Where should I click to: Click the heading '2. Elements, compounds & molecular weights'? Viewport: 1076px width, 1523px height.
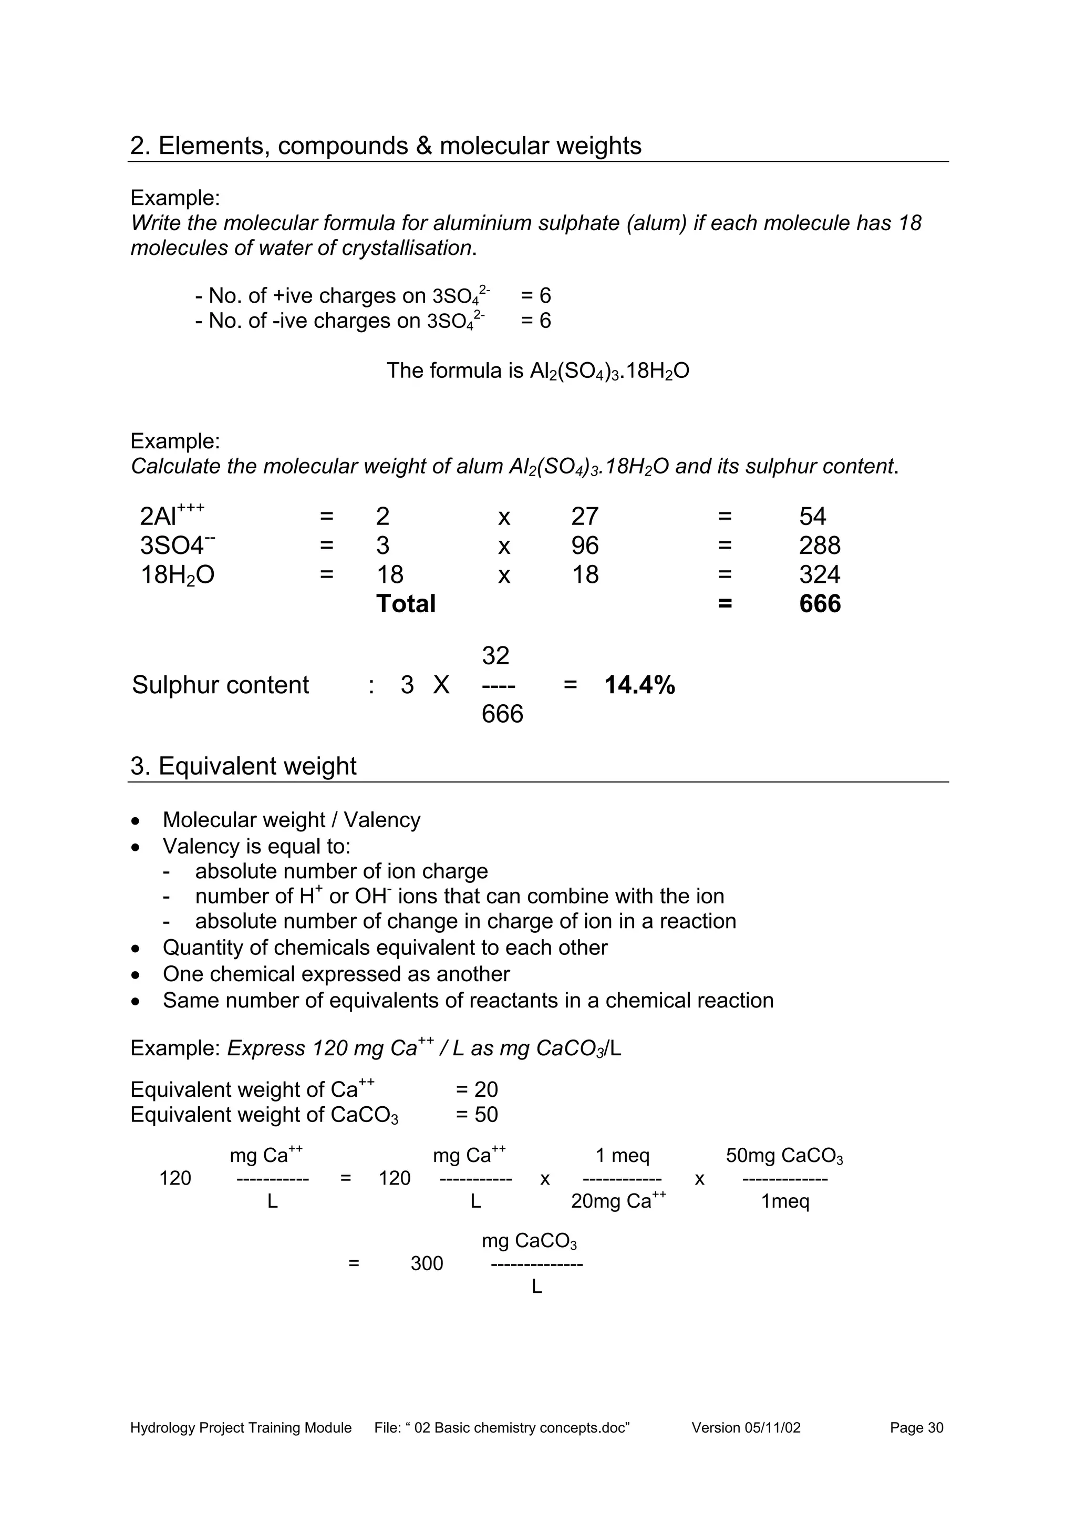click(x=386, y=146)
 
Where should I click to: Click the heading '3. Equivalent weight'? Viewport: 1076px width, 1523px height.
click(x=243, y=766)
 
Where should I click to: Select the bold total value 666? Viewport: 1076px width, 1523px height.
click(x=820, y=604)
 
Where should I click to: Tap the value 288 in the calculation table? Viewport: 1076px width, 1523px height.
click(x=820, y=546)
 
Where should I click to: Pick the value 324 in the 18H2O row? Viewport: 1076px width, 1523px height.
click(x=820, y=574)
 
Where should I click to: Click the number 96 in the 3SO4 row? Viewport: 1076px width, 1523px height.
click(x=585, y=546)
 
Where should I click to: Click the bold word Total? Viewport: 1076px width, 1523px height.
click(x=406, y=604)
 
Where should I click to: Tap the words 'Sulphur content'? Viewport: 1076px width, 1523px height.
click(x=220, y=685)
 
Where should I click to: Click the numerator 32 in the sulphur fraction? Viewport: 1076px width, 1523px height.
click(x=495, y=656)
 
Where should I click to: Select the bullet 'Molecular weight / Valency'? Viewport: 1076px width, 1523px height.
click(x=291, y=820)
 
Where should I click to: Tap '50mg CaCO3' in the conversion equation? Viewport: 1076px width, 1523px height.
click(x=784, y=1156)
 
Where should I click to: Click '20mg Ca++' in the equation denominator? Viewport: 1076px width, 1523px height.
click(x=618, y=1201)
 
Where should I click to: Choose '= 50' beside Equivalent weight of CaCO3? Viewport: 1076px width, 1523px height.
click(x=477, y=1114)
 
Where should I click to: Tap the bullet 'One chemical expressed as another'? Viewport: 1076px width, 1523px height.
click(x=336, y=974)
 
